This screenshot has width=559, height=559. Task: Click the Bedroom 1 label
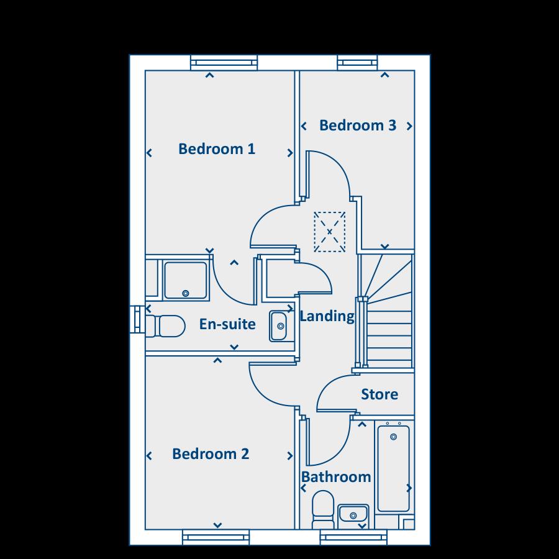pyautogui.click(x=217, y=149)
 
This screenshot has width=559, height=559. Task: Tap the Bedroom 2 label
pyautogui.click(x=211, y=454)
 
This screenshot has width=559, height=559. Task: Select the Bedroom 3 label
pyautogui.click(x=357, y=125)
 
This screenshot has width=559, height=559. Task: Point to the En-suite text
pyautogui.click(x=227, y=324)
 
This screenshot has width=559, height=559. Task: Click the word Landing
pyautogui.click(x=327, y=316)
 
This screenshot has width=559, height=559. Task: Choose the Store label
pyautogui.click(x=379, y=394)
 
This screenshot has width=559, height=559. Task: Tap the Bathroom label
pyautogui.click(x=336, y=477)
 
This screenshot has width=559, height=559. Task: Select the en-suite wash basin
pyautogui.click(x=278, y=326)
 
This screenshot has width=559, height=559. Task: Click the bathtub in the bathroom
pyautogui.click(x=393, y=466)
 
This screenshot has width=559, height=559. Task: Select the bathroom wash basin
pyautogui.click(x=353, y=515)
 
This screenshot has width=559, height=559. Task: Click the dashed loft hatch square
pyautogui.click(x=329, y=232)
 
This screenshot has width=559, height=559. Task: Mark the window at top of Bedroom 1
pyautogui.click(x=224, y=62)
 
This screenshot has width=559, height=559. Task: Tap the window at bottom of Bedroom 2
pyautogui.click(x=216, y=537)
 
